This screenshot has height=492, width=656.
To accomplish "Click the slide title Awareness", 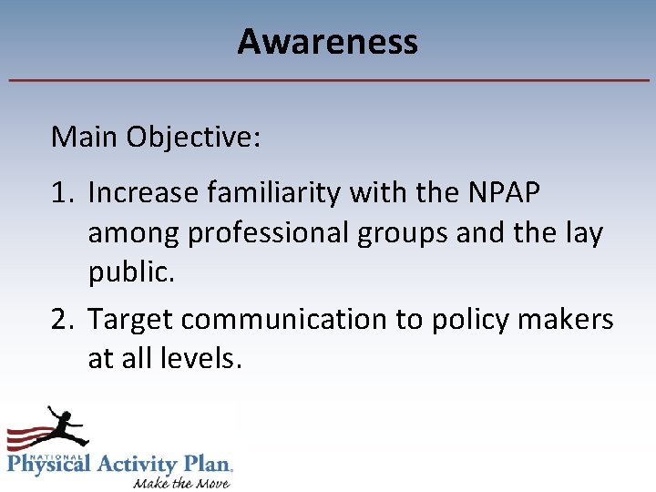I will tap(327, 42).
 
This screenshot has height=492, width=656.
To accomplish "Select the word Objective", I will tap(194, 138).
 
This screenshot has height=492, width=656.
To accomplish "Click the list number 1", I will tap(62, 193).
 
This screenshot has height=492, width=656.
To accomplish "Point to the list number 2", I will tap(63, 320).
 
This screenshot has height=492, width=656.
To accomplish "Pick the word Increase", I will tap(144, 193).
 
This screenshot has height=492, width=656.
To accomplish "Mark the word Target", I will tap(131, 320).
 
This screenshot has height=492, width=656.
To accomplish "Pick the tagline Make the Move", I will tap(181, 481).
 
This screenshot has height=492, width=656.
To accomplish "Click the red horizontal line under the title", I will tap(328, 80).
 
